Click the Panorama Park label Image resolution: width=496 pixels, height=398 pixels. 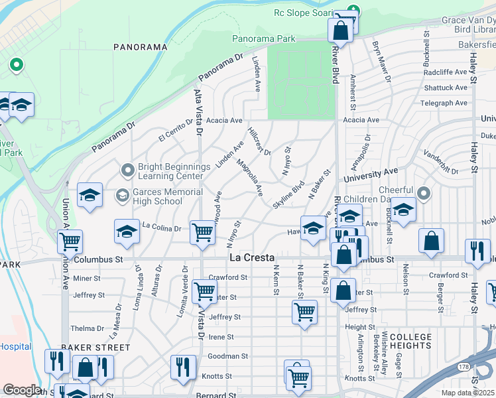pos(263,39)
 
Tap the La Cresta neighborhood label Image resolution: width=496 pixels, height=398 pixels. pos(252,257)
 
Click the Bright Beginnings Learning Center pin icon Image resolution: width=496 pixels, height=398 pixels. pos(127,170)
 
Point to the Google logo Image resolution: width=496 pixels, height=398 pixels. pos(22,390)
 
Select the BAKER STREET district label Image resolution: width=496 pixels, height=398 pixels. pos(95,347)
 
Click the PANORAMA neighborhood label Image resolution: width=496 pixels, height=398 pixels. pos(140,47)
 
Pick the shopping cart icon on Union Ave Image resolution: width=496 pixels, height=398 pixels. pos(69,242)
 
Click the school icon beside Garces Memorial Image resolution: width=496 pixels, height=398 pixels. pos(90,194)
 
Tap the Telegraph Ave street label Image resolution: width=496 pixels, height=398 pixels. pos(444,103)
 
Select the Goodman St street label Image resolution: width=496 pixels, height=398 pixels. pos(227,356)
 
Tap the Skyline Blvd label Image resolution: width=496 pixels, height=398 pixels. pos(288,193)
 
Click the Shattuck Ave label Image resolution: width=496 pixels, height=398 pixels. pos(446,88)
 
